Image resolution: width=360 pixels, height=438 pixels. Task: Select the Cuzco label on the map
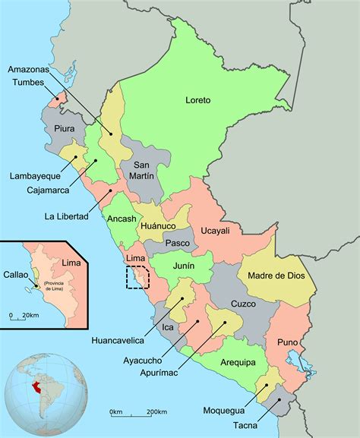(x=243, y=303)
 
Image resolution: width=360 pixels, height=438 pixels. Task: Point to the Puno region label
(x=287, y=342)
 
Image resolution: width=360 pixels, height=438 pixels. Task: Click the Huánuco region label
(x=157, y=226)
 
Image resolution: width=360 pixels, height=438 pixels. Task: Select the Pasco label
(x=177, y=243)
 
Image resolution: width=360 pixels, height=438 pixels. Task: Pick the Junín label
(x=182, y=266)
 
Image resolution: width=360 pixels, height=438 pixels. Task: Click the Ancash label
(x=122, y=219)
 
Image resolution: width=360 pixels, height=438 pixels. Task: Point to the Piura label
(x=65, y=128)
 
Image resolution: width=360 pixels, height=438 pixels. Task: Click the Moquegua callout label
(x=225, y=411)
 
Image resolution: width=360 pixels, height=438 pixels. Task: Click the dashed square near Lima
(x=137, y=278)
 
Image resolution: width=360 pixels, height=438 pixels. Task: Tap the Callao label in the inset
(x=16, y=275)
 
